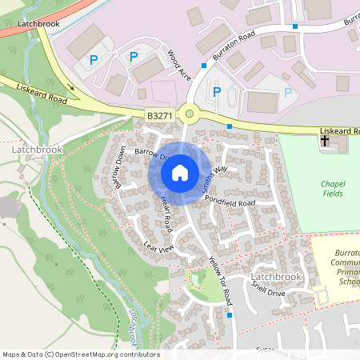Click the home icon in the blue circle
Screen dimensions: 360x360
(x=179, y=172)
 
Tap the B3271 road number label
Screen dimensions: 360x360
(x=159, y=116)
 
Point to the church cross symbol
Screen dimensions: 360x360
(x=325, y=141)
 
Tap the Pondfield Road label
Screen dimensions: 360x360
(x=229, y=200)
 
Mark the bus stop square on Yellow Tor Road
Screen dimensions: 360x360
(x=230, y=315)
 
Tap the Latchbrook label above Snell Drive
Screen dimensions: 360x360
(x=275, y=277)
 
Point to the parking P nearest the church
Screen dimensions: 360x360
(x=287, y=91)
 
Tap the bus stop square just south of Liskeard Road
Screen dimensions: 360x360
(x=230, y=126)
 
